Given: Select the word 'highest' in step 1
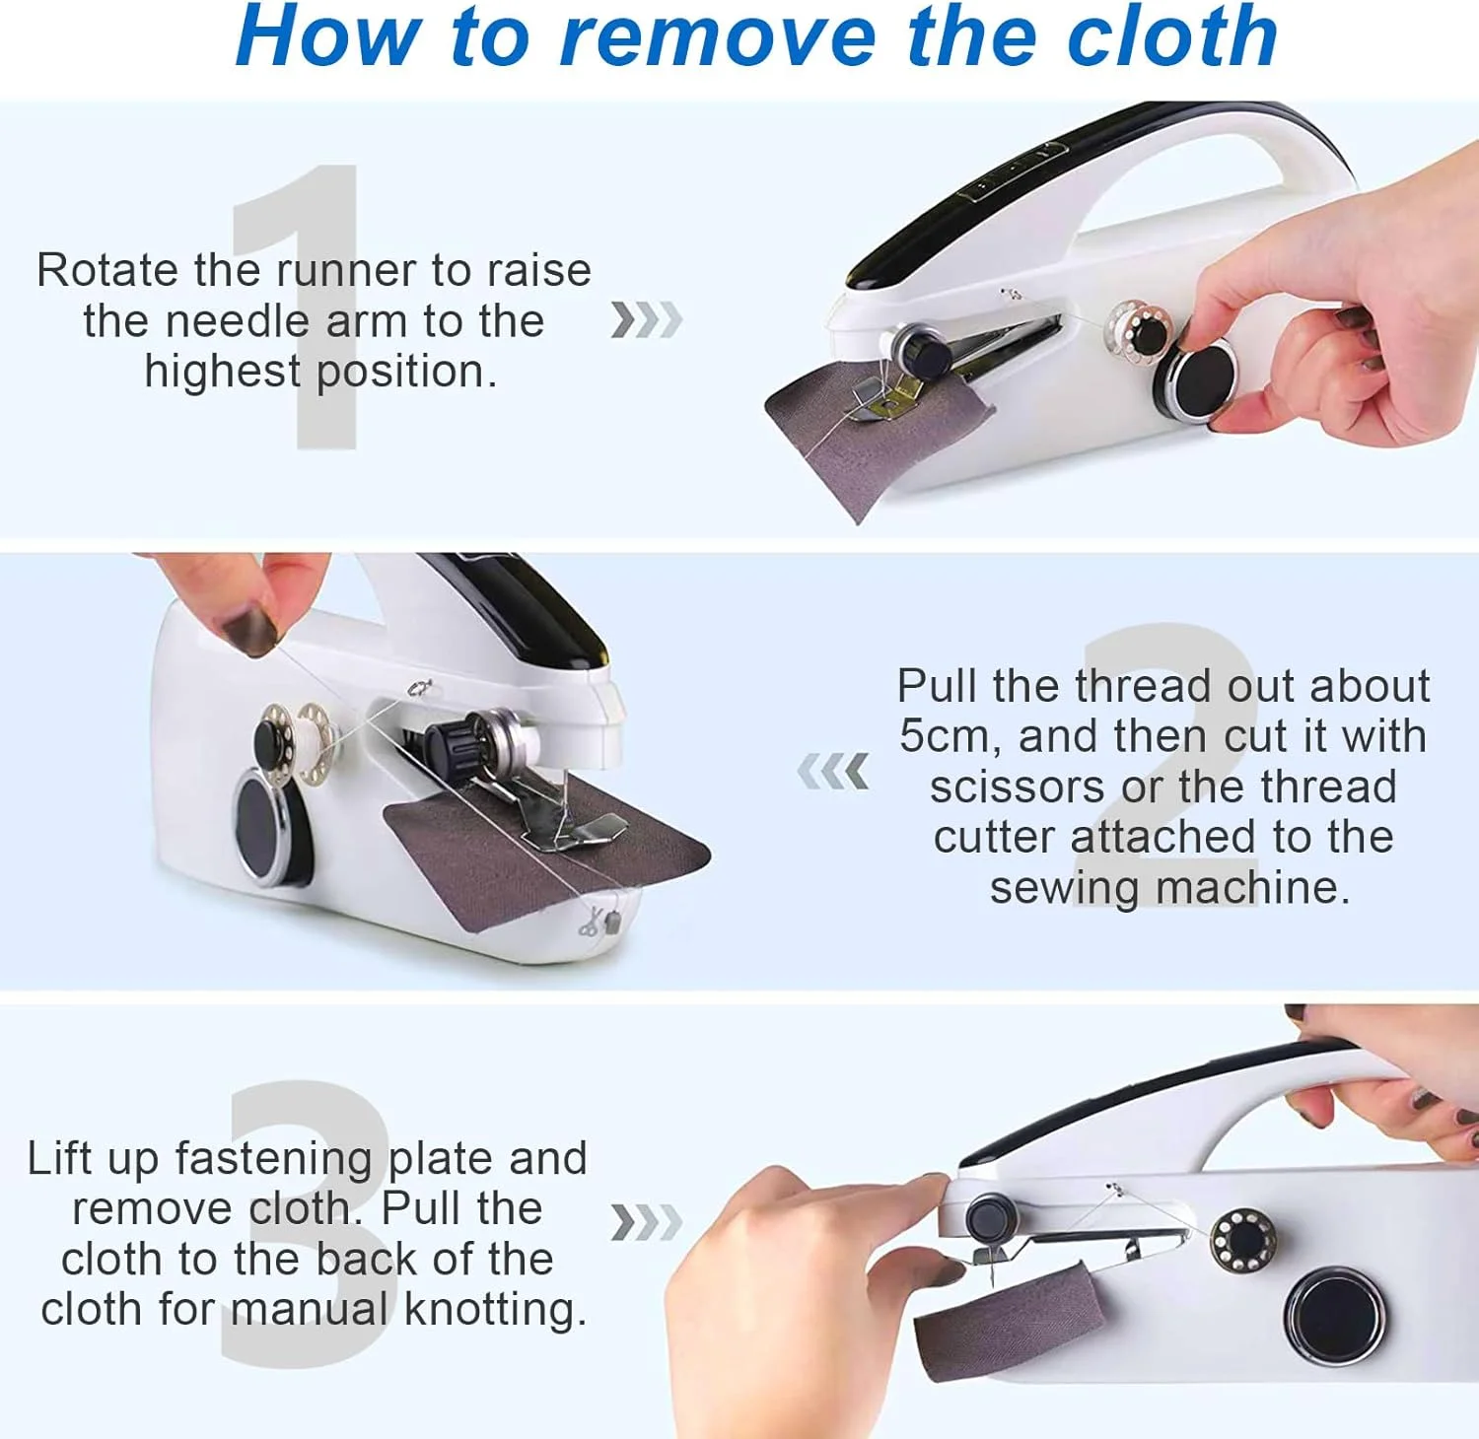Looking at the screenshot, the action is point(222,372).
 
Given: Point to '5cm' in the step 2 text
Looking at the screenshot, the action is point(950,736).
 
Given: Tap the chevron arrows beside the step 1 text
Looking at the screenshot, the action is point(646,320).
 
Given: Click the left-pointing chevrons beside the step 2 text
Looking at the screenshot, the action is point(834,772).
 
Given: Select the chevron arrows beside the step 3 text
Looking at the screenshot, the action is point(646,1222).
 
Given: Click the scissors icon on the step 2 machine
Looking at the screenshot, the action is point(590,923).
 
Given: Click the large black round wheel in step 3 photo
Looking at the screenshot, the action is point(1335,1316).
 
